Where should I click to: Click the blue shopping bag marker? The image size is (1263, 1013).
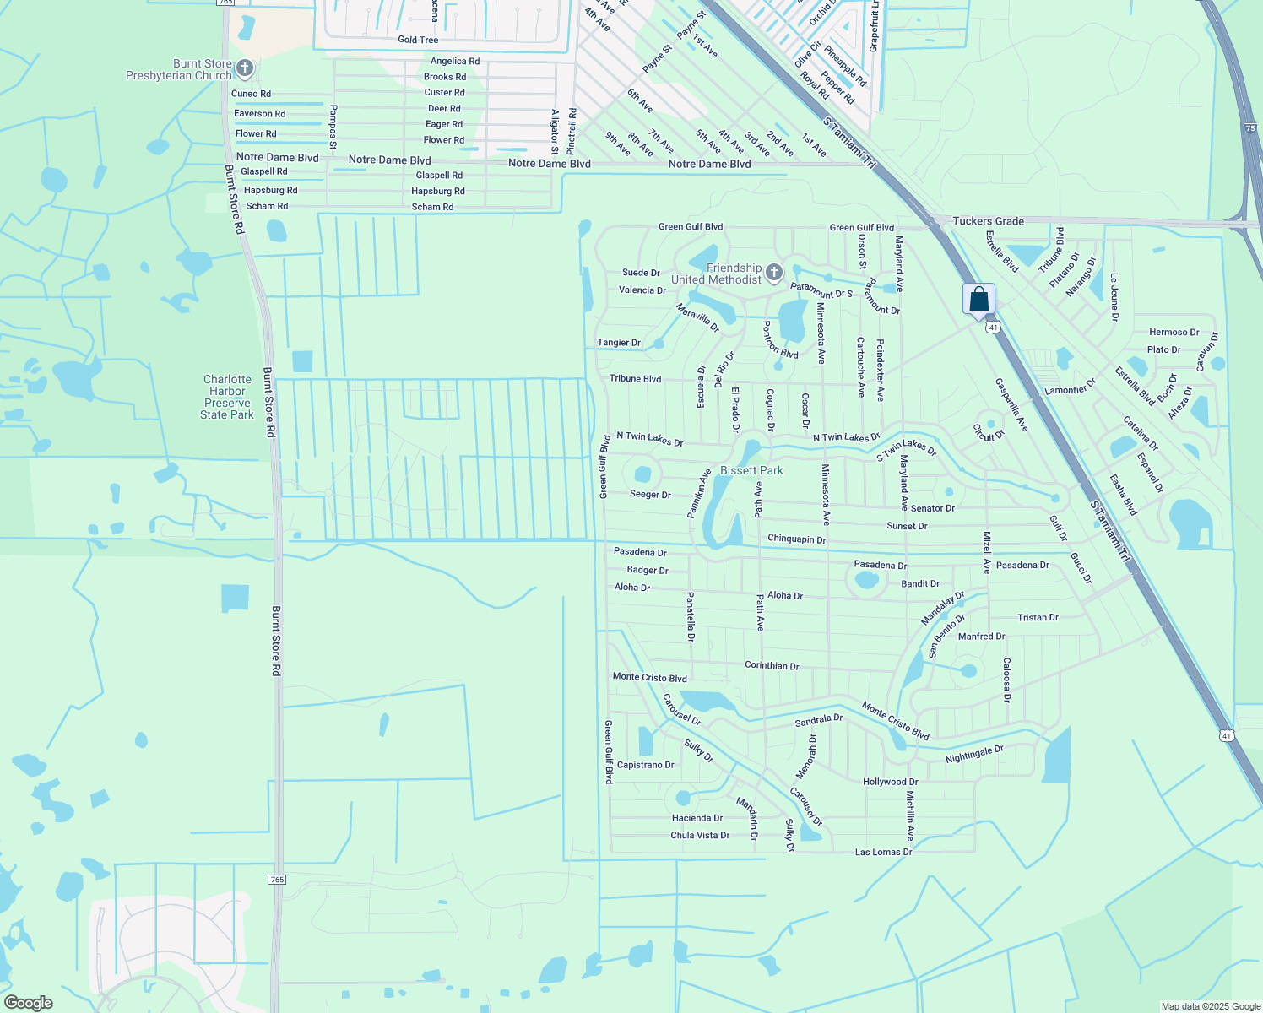pos(978,300)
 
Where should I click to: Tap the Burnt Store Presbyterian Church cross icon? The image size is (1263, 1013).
pos(245,68)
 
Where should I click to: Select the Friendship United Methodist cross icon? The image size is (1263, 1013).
pos(774,273)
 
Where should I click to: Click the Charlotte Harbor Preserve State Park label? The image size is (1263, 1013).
pos(227,397)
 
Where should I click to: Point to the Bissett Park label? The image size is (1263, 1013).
pos(751,470)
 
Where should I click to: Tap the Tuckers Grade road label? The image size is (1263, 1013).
pos(988,221)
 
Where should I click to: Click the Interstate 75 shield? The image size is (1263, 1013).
pos(1250,127)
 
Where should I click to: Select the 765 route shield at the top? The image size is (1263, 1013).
pos(225,3)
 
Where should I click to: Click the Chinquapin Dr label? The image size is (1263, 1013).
pos(796,539)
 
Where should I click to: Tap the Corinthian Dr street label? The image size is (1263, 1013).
pos(772,665)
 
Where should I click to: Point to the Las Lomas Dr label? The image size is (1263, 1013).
pos(883,852)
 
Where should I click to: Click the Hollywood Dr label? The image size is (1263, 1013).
pos(890,782)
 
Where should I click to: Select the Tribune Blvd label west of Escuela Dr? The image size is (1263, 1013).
pos(635,379)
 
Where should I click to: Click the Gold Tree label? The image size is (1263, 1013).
pos(418,40)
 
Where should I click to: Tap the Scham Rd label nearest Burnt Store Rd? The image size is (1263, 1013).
pos(267,206)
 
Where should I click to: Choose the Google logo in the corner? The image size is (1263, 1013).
pos(28,1003)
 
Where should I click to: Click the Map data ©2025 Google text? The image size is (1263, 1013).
pos(1211,1006)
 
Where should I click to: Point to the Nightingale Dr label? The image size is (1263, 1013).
pos(974,754)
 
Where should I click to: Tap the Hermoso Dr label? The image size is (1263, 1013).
pos(1174,333)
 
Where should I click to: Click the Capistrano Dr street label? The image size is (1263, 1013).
pos(645,765)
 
